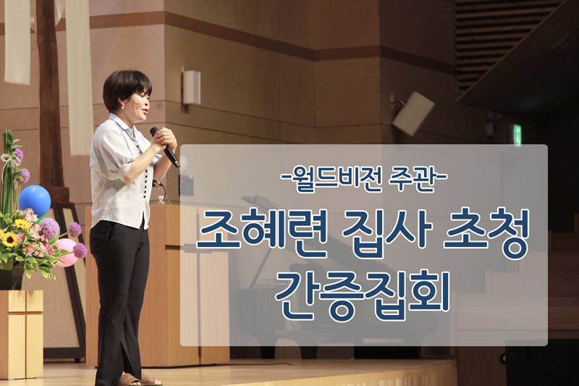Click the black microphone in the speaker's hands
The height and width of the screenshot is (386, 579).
pyautogui.click(x=165, y=146)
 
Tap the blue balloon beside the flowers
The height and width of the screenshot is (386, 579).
pyautogui.click(x=35, y=201)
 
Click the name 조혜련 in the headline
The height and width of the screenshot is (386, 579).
pyautogui.click(x=261, y=234)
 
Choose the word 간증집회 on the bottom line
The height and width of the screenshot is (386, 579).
pyautogui.click(x=363, y=295)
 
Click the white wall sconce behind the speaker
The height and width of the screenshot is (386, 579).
pyautogui.click(x=191, y=87)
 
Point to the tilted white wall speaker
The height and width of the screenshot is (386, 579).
pyautogui.click(x=413, y=113)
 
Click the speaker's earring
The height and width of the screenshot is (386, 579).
pyautogui.click(x=122, y=106)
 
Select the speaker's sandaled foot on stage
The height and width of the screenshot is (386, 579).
pyautogui.click(x=130, y=379)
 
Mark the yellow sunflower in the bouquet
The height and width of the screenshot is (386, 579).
pyautogui.click(x=9, y=240)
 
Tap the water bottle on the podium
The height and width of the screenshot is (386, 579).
pyautogui.click(x=161, y=200)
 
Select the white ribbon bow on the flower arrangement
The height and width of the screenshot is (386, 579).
pyautogui.click(x=10, y=159)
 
